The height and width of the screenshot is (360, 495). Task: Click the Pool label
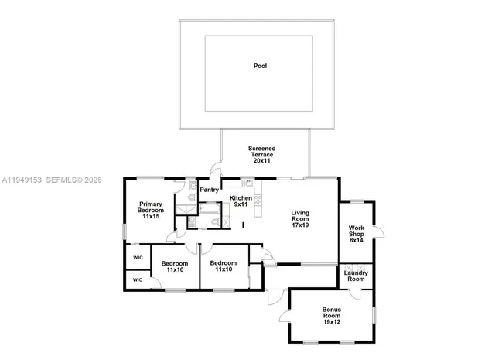click(x=260, y=67)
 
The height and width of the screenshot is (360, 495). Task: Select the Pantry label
click(x=209, y=190)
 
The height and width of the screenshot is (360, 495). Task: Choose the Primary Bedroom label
click(x=151, y=207)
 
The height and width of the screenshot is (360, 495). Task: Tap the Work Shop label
click(x=357, y=231)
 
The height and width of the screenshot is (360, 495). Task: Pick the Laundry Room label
click(x=356, y=276)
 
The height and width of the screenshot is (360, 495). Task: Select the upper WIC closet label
click(x=138, y=258)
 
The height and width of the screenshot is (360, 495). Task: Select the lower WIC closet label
click(x=138, y=279)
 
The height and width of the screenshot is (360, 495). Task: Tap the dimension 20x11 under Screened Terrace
click(x=261, y=160)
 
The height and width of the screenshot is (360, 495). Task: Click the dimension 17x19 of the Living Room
click(x=300, y=225)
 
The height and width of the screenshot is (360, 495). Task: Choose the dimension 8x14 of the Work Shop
click(x=357, y=240)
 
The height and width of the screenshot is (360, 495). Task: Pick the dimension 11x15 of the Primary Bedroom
click(x=151, y=217)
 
